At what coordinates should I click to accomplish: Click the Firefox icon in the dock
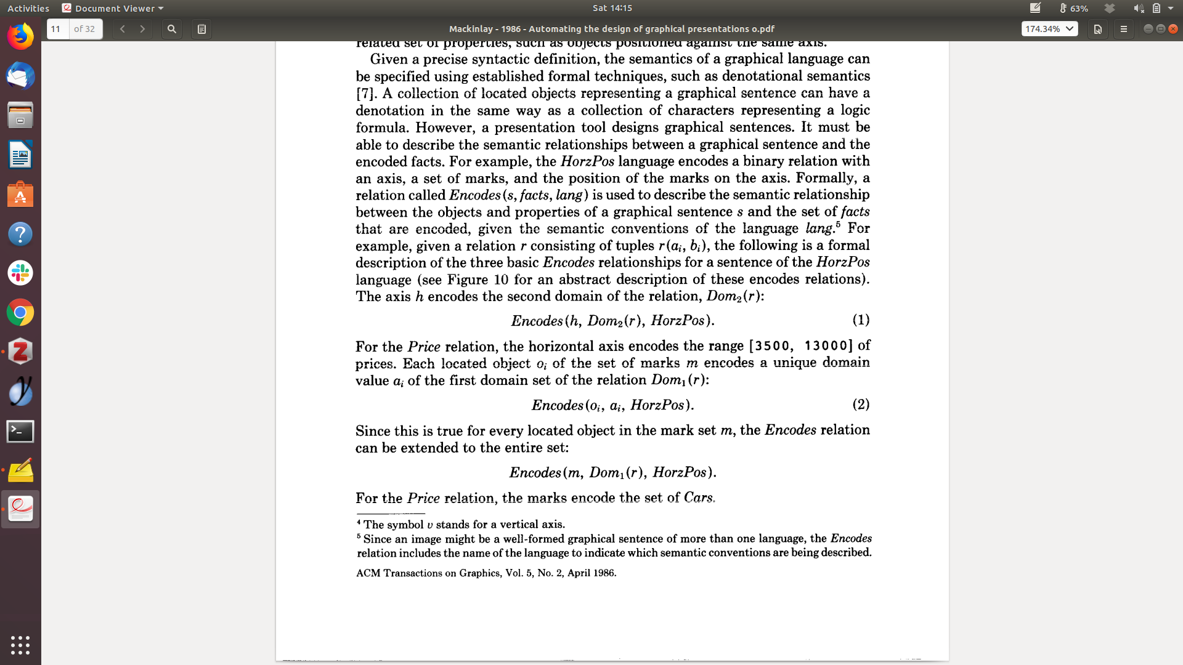pos(20,37)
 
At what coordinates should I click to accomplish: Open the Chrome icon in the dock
pos(20,313)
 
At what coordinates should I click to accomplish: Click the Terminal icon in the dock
pos(20,431)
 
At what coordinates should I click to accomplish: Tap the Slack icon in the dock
pos(20,273)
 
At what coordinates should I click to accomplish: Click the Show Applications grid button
pos(20,645)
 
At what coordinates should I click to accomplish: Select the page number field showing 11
pos(58,29)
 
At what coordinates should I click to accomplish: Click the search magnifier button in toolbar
pos(172,29)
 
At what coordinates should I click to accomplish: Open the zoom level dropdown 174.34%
pos(1049,29)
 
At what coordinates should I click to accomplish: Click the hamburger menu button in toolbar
pos(1123,29)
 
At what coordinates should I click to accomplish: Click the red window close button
pos(1173,29)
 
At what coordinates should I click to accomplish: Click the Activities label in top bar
pos(28,8)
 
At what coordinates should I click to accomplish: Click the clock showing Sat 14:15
pos(612,8)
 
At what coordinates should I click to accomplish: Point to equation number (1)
pos(861,320)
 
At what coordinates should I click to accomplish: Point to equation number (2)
pos(861,404)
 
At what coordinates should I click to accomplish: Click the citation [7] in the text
pos(365,94)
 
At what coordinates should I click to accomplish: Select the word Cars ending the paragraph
pos(698,498)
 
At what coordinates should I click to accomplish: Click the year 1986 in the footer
pos(604,573)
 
